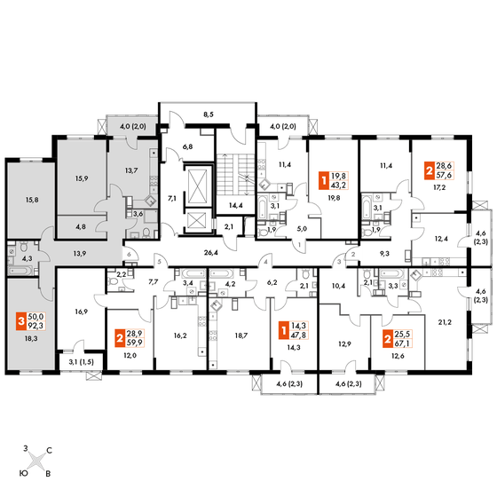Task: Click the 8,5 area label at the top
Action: coord(209,114)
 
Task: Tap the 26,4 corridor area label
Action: coord(211,253)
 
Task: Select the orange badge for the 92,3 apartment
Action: coord(21,321)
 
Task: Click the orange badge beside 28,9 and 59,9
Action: coord(119,338)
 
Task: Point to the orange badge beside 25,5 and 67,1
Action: coord(387,339)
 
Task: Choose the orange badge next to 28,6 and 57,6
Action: coord(430,170)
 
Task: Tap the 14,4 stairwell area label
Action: coord(235,205)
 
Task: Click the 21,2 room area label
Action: coord(445,322)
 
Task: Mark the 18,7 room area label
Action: coord(241,335)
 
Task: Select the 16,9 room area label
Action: coord(82,312)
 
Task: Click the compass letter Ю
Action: coord(23,473)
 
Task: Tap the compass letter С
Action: coord(49,451)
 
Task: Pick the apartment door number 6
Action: coord(129,254)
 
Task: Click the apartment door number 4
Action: coord(266,262)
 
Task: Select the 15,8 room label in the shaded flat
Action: coord(32,200)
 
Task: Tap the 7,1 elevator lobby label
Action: coord(172,199)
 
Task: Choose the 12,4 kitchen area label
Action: coord(441,239)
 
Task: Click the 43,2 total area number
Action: coord(338,185)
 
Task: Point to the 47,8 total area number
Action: coord(298,335)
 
